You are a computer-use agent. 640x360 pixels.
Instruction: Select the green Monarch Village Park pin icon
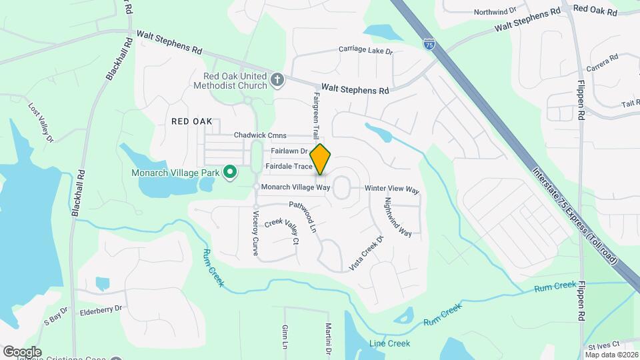230,173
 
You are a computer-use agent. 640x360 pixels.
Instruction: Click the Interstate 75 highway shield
429,45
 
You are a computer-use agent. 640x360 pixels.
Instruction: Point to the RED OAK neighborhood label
191,121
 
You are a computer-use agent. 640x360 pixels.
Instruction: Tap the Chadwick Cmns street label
260,135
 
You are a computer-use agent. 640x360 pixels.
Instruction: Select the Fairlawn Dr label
289,151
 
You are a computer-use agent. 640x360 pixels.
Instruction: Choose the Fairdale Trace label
289,165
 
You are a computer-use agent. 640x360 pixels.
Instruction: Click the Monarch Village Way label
295,187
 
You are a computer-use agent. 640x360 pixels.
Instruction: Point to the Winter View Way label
392,189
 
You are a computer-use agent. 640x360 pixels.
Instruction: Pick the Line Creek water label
390,343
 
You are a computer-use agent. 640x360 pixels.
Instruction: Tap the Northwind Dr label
495,11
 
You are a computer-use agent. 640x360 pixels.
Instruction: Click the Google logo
22,351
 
